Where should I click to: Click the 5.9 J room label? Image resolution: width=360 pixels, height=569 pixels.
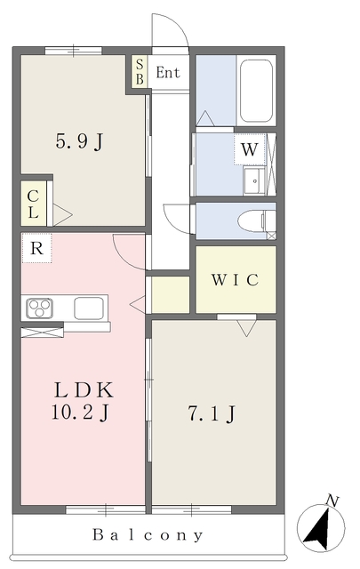coord(80,140)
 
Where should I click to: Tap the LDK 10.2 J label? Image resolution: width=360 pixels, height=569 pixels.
coord(82,401)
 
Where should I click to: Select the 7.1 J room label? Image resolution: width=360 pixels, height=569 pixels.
coord(212,413)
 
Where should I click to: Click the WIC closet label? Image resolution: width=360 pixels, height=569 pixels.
coord(236,280)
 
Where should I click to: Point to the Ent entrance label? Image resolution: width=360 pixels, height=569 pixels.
coord(168,73)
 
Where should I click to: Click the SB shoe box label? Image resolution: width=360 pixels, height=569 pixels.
coord(140,72)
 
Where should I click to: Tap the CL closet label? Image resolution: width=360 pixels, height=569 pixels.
coord(33,204)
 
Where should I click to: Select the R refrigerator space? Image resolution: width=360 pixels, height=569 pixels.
coord(36,249)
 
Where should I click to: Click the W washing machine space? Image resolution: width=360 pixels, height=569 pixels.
coord(249,149)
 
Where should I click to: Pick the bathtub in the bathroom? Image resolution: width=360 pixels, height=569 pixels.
coord(256,91)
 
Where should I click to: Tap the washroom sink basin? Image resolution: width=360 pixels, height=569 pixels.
coord(255,181)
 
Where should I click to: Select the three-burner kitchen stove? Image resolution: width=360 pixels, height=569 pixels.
coord(40,308)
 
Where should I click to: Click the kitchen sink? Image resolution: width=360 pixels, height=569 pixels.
coord(89,309)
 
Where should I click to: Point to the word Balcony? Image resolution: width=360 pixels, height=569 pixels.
coord(148,535)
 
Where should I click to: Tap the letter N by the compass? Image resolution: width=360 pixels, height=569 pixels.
coord(332,501)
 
